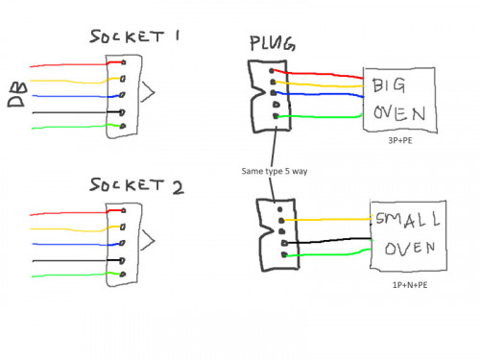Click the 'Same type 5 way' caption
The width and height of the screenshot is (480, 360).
pyautogui.click(x=277, y=171)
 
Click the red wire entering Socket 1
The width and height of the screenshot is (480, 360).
pyautogui.click(x=67, y=64)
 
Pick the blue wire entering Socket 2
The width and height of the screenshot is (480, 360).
pyautogui.click(x=67, y=244)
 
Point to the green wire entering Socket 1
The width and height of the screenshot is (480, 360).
pyautogui.click(x=67, y=128)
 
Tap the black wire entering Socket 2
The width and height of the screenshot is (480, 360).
pyautogui.click(x=67, y=260)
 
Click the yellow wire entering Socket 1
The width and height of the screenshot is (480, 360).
pyautogui.click(x=67, y=81)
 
